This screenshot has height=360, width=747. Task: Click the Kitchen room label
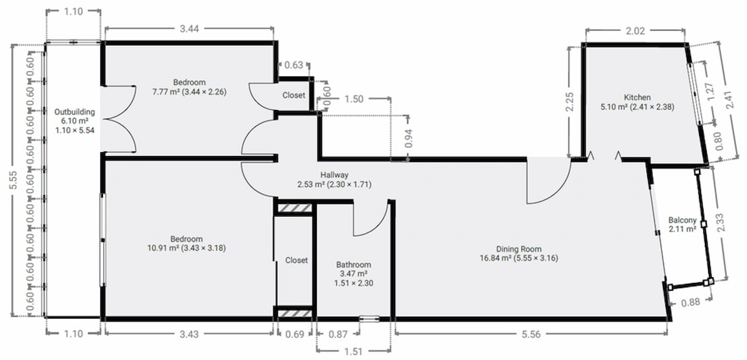coord(637,97)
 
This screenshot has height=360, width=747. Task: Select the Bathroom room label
coord(353,265)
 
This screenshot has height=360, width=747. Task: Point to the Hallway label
coord(334,175)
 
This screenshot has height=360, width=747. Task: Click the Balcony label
coord(682,219)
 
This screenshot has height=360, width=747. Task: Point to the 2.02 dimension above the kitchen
coord(635,30)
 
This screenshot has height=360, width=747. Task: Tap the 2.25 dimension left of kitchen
coord(568,101)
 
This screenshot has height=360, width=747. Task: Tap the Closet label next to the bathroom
coord(296,260)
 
